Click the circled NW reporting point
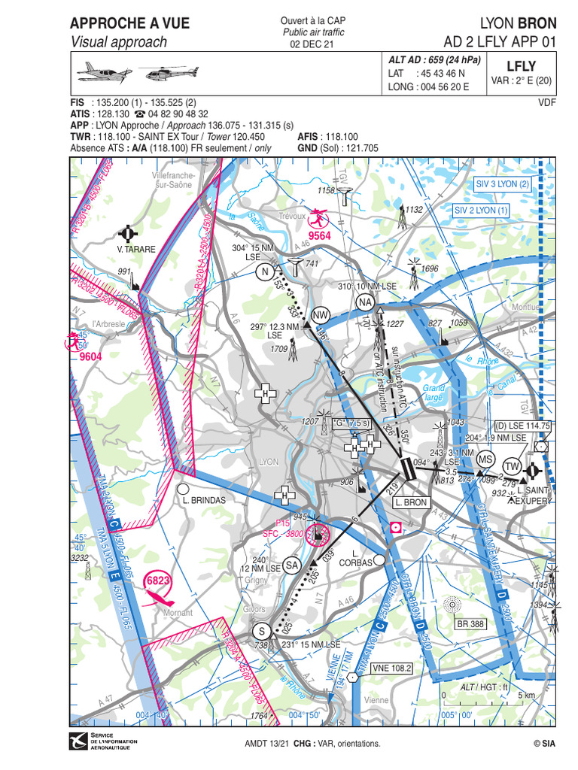tap(321, 315)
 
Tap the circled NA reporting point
tap(366, 302)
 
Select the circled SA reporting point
tap(293, 565)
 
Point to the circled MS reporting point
tap(486, 459)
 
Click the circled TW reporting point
tap(513, 466)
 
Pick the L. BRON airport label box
tap(410, 502)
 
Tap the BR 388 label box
tap(470, 623)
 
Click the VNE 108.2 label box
tap(392, 667)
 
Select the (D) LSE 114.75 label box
tap(523, 426)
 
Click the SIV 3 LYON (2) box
tap(503, 183)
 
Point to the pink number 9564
tap(321, 235)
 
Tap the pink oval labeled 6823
tap(158, 581)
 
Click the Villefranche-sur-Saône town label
tap(172, 179)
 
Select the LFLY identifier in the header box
tap(521, 66)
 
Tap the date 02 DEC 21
tap(312, 44)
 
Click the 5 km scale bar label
tap(525, 695)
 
